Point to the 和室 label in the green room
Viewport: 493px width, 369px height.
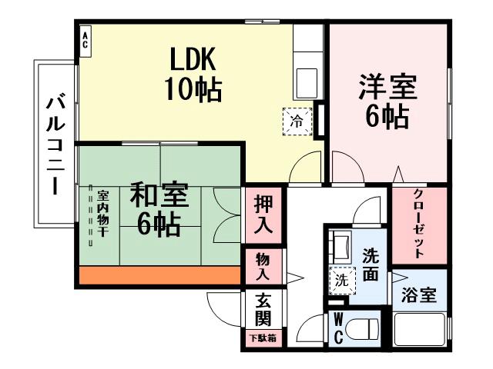[x=159, y=194]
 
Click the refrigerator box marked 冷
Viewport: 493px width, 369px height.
[x=297, y=121]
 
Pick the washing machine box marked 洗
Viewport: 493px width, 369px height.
[x=340, y=281]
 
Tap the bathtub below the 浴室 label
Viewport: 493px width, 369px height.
[x=420, y=330]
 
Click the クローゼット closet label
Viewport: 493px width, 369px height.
[x=419, y=222]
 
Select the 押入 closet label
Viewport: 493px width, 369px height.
[x=263, y=215]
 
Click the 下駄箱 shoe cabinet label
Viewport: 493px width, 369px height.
[x=262, y=337]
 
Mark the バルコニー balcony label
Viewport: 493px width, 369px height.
[x=54, y=145]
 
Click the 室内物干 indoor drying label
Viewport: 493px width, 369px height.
[x=102, y=216]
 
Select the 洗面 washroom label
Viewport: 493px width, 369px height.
[x=371, y=264]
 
